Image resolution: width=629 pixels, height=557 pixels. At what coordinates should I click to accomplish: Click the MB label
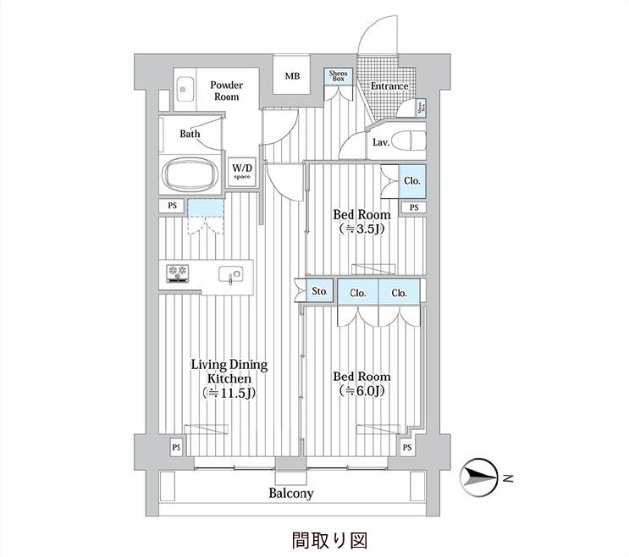[x=292, y=76]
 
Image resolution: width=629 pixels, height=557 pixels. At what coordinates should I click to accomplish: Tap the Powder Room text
[x=226, y=91]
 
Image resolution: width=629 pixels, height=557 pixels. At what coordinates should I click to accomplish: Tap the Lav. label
[x=381, y=143]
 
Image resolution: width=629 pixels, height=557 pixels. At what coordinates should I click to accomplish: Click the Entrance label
[x=389, y=86]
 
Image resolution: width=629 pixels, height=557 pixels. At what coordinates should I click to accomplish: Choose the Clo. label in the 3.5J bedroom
[x=411, y=180]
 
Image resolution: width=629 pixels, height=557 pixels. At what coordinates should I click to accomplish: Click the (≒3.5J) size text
[x=361, y=229]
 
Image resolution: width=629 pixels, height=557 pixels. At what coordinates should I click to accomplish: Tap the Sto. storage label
[x=320, y=293]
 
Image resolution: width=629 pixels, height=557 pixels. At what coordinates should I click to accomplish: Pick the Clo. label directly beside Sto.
[x=357, y=293]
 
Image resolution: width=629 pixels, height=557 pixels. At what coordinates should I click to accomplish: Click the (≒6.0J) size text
[x=361, y=390]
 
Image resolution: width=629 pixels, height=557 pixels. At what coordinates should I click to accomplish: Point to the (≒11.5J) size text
[x=229, y=394]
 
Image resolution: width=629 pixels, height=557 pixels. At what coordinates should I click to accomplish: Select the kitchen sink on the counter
[x=231, y=273]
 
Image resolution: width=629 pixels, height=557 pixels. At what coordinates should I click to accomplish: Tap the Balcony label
[x=291, y=494]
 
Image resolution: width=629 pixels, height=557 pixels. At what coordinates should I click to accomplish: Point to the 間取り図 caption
[x=314, y=539]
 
